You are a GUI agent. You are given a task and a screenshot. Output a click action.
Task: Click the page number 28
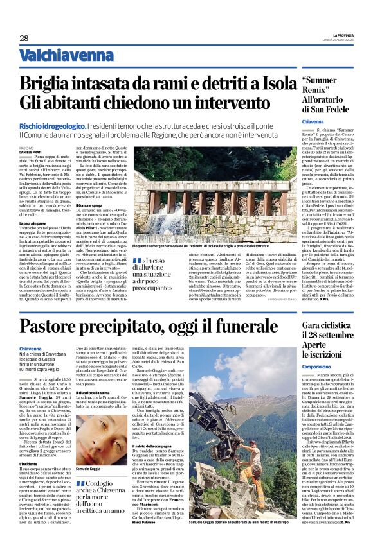click(x=24, y=38)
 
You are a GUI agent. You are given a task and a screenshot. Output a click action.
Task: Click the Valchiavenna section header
click(x=57, y=55)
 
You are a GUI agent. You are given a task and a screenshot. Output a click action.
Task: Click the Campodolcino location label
click(x=320, y=366)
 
